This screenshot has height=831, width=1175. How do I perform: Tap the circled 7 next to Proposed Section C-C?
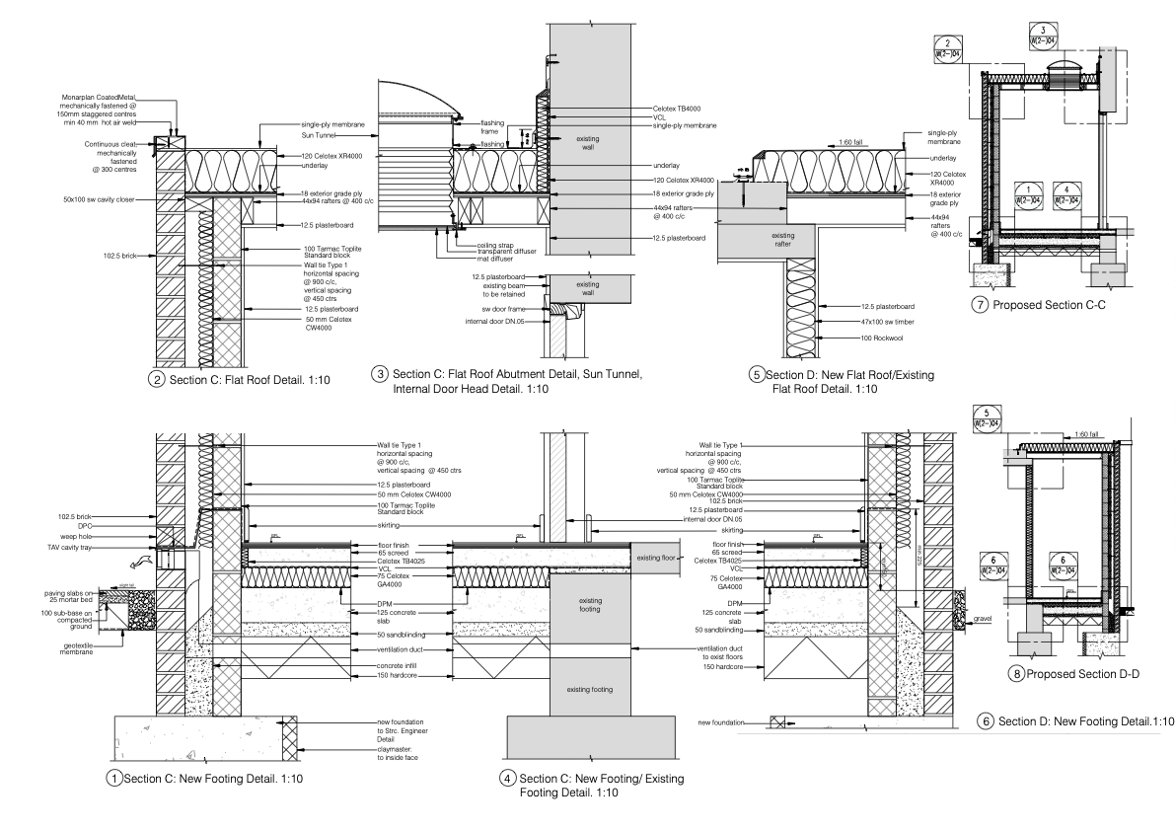(x=981, y=305)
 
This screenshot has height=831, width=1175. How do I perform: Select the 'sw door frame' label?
(x=502, y=308)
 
